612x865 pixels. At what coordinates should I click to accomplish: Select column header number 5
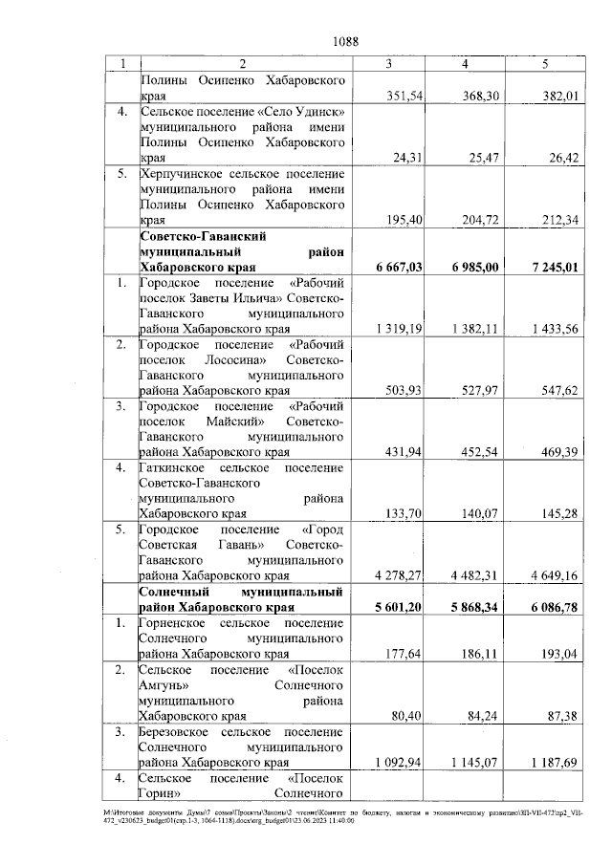(544, 64)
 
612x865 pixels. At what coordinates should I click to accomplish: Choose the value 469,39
(560, 450)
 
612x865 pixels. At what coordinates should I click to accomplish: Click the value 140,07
(482, 512)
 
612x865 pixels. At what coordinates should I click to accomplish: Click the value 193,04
(560, 654)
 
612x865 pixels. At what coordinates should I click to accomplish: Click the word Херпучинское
(182, 174)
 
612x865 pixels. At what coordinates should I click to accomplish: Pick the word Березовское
(177, 731)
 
